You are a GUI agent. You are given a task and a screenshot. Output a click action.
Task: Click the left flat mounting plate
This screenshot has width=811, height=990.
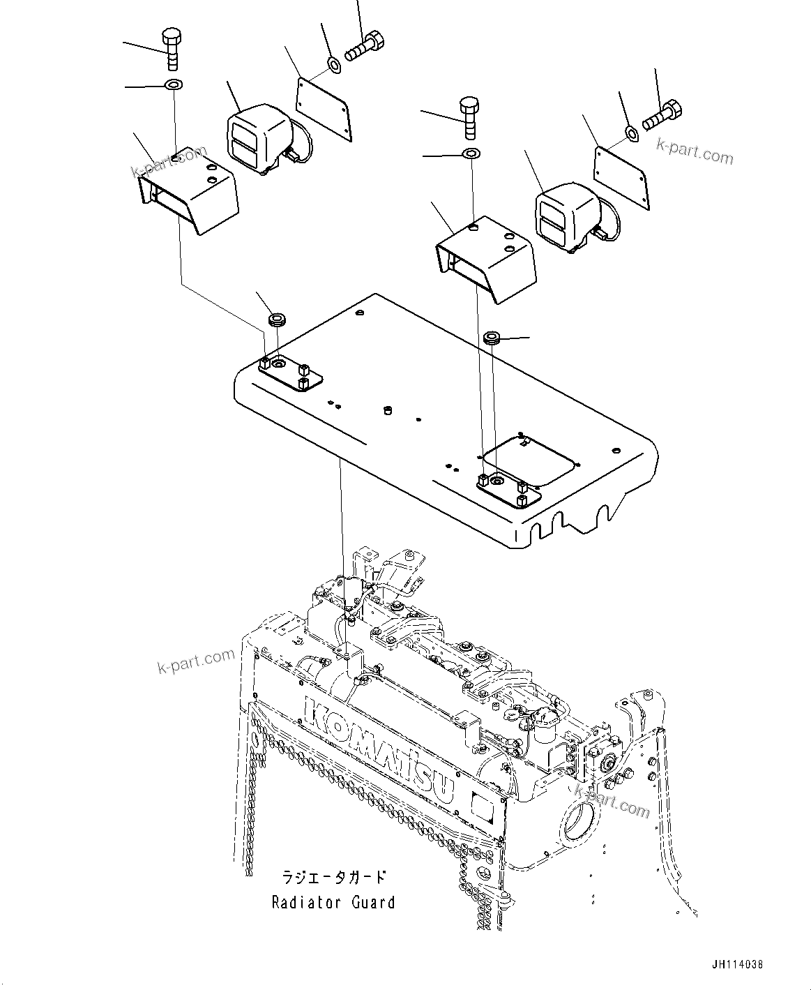(322, 103)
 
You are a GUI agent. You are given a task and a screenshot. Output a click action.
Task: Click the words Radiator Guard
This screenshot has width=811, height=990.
(333, 902)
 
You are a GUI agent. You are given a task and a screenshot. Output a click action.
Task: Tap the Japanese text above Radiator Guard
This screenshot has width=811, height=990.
(333, 877)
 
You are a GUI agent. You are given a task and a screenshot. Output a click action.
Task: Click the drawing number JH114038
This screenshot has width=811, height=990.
(738, 965)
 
